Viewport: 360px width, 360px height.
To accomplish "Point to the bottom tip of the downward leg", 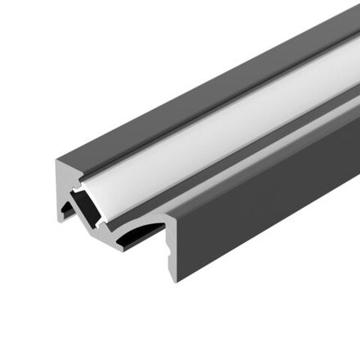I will coord(173,279).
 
